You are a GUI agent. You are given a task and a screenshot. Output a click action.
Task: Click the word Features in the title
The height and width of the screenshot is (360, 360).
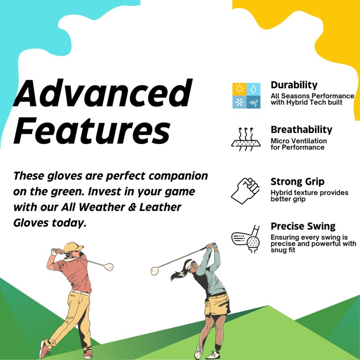[92, 131]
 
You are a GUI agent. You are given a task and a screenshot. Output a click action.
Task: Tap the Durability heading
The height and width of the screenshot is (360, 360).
[294, 85]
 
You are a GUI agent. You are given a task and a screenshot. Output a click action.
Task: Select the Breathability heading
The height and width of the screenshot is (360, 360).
[301, 130]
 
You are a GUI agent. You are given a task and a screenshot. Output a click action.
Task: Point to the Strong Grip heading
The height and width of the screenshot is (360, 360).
[297, 182]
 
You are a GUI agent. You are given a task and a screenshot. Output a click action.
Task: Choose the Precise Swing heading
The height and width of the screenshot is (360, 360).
[303, 226]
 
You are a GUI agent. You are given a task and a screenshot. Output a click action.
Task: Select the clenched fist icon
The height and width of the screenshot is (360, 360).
[246, 190]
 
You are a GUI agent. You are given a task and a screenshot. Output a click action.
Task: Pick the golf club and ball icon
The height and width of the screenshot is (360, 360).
[246, 238]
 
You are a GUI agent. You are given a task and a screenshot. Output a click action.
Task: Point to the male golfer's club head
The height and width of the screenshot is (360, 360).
[108, 267]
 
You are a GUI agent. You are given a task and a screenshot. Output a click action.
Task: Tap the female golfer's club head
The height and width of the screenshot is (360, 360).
[155, 271]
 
